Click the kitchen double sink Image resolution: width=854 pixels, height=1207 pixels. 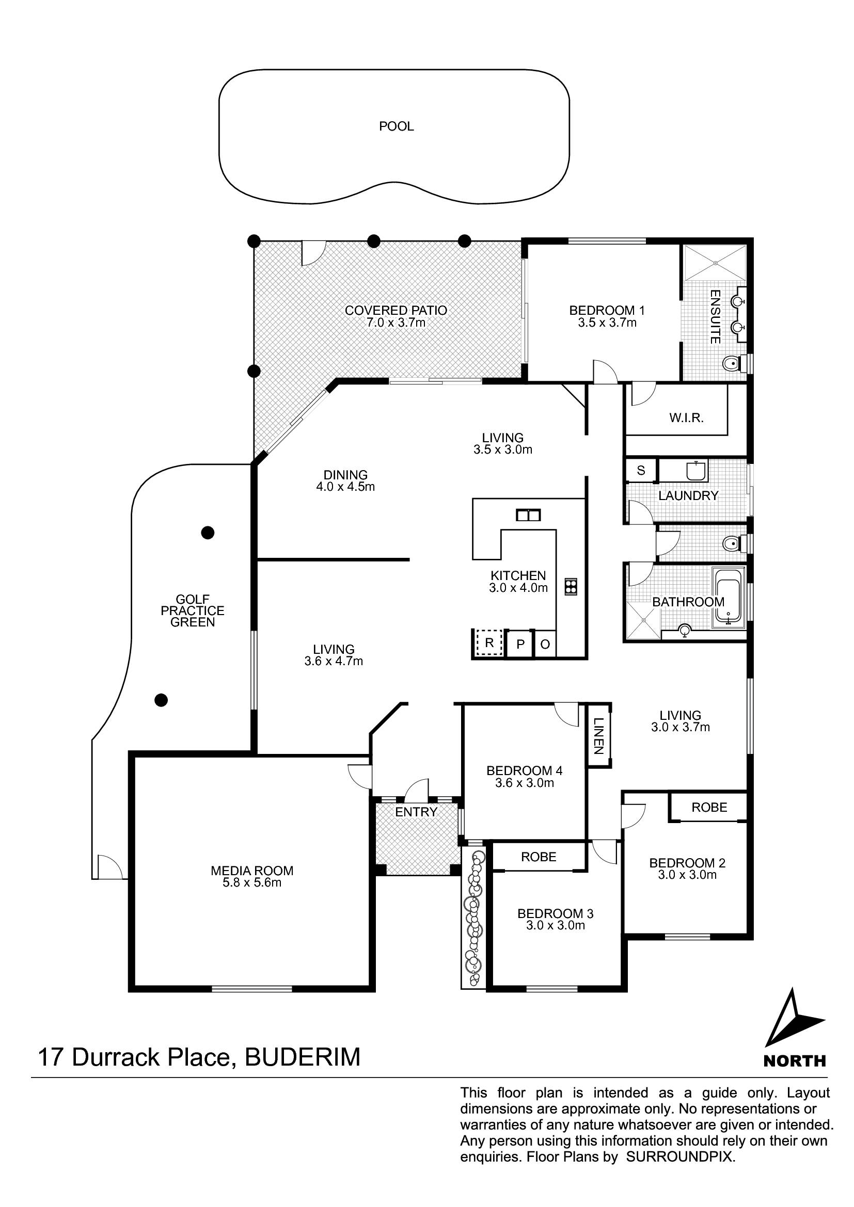[528, 514]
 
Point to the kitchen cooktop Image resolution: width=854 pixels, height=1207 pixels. [571, 586]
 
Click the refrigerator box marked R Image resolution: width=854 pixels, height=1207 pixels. [488, 643]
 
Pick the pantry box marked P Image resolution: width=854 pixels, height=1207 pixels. [520, 643]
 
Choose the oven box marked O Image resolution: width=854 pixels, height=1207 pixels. [545, 643]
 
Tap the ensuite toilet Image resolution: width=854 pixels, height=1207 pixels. [734, 363]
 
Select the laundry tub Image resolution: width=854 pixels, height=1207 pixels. [696, 470]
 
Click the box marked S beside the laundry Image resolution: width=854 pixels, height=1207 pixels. [640, 471]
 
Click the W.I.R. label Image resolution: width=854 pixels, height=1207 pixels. [686, 418]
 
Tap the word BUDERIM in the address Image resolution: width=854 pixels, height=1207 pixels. [303, 1057]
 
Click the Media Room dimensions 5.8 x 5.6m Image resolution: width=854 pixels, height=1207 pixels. [252, 882]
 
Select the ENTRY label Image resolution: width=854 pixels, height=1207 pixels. [416, 812]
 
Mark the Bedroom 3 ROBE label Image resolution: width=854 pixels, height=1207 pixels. [539, 857]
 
